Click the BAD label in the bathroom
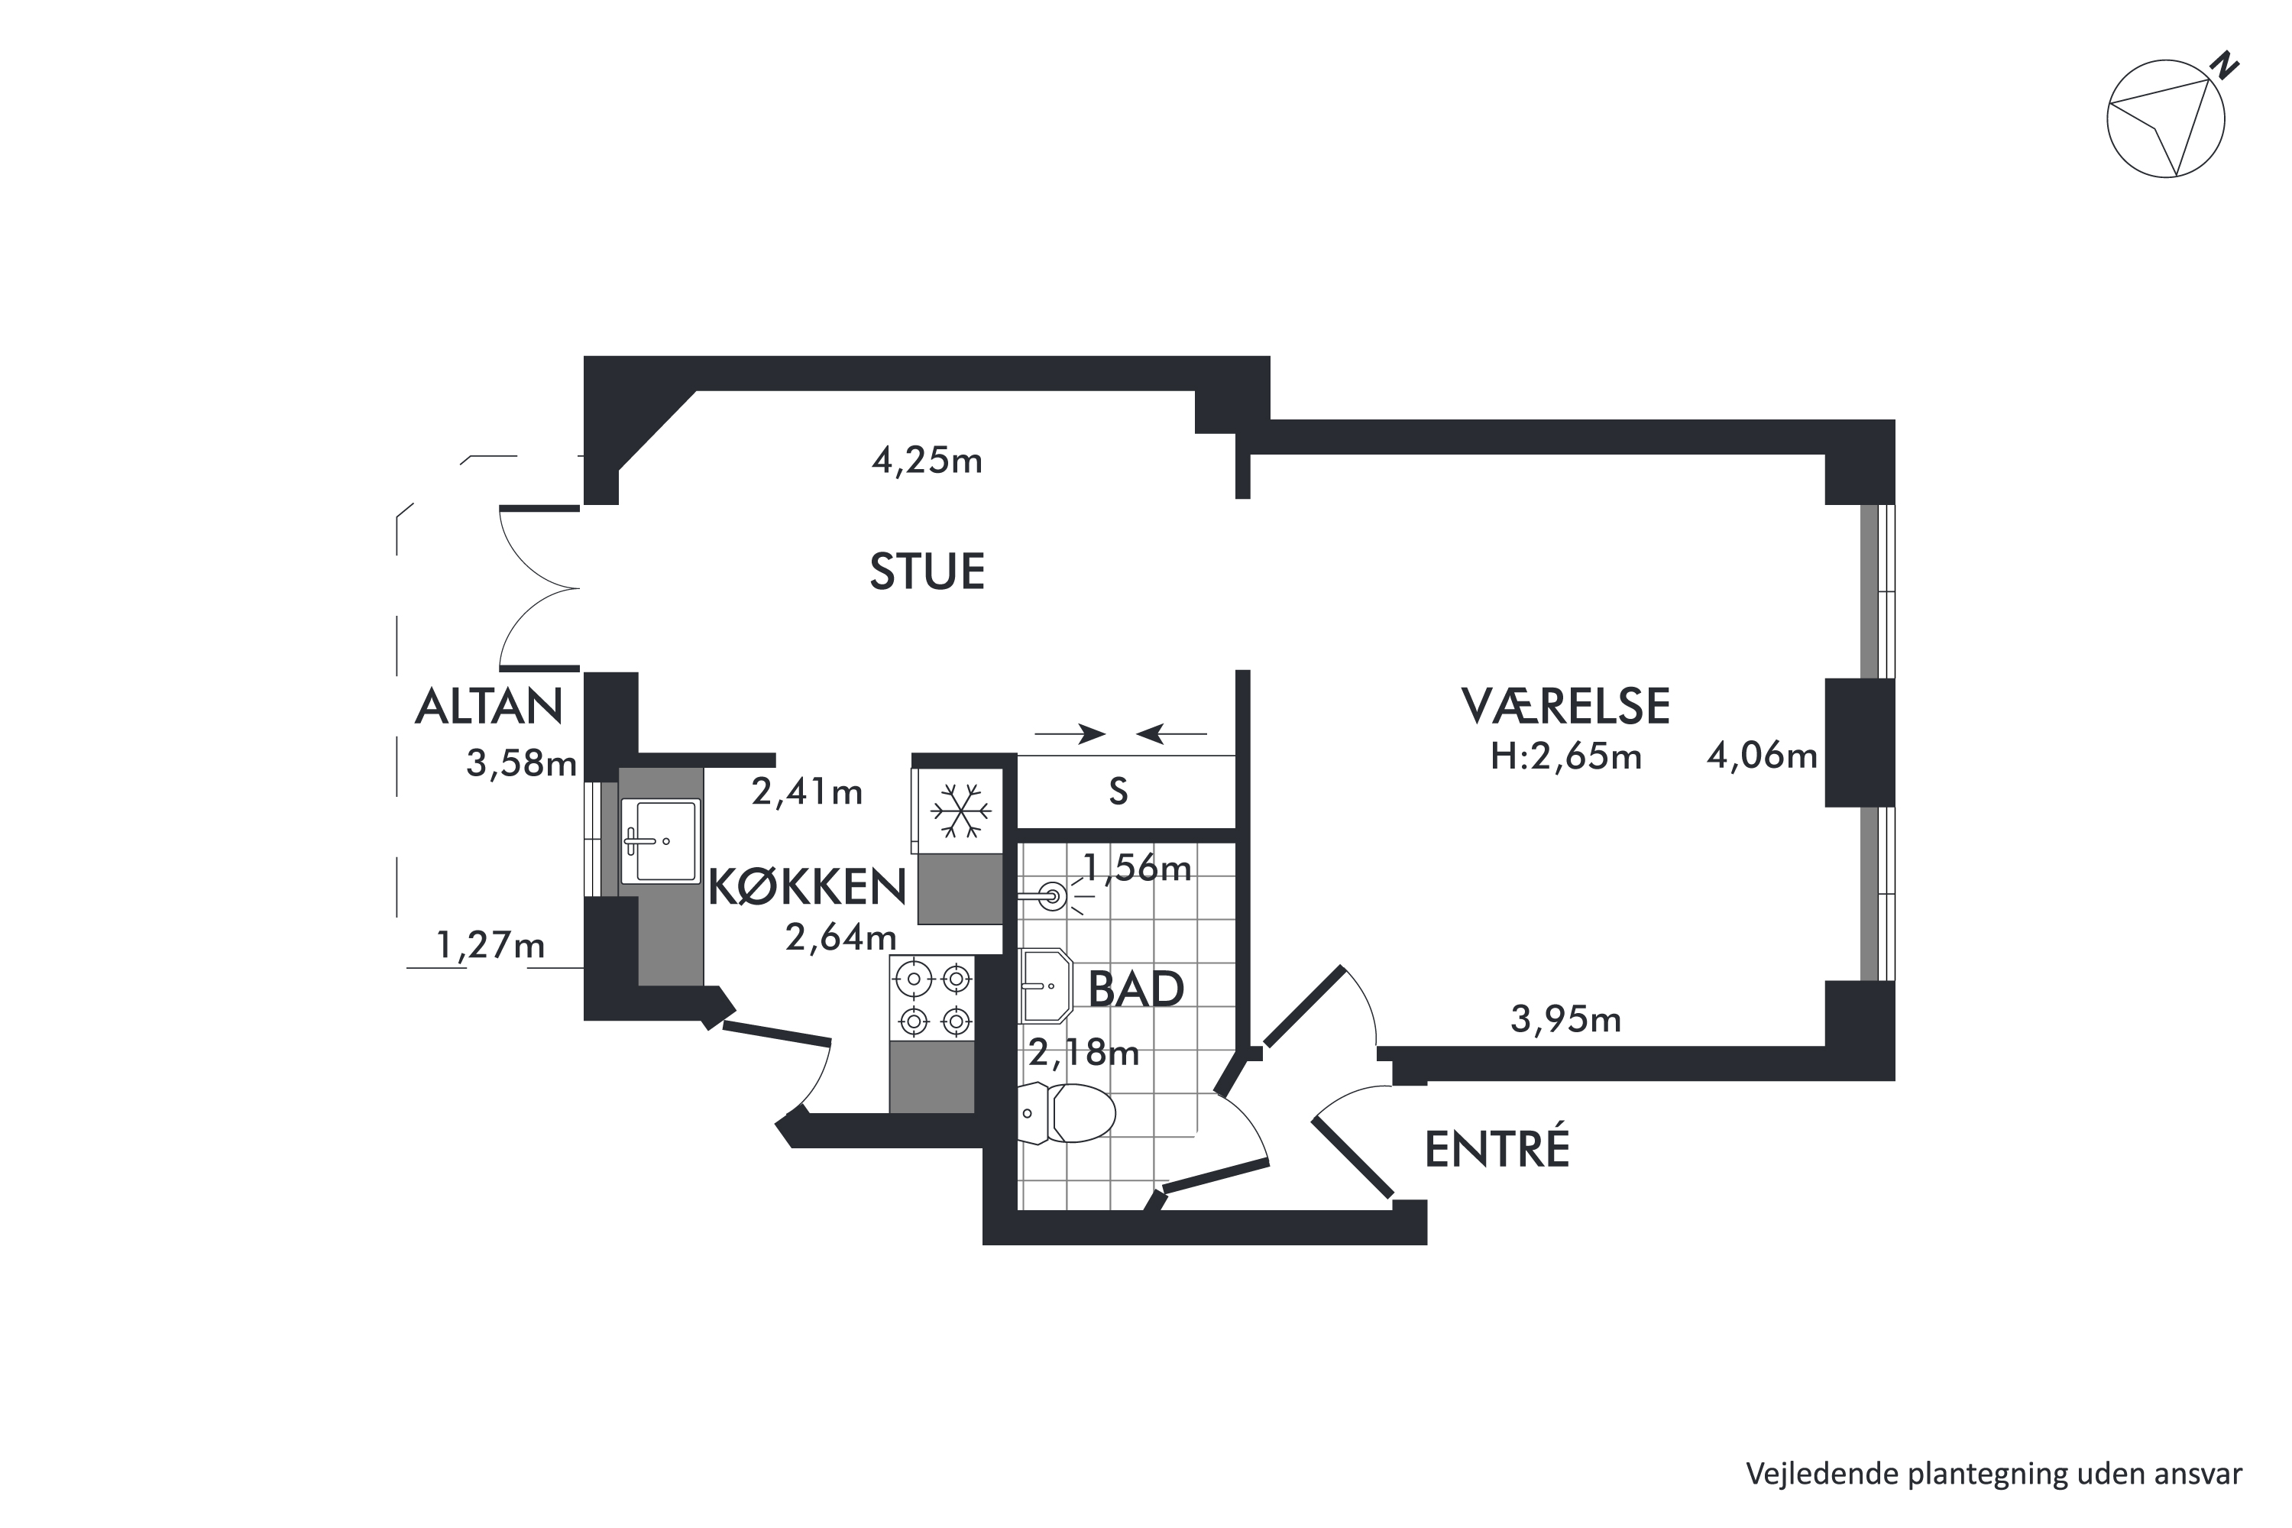click(1135, 989)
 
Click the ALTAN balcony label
click(489, 707)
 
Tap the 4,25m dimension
click(927, 460)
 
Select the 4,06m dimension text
click(1762, 756)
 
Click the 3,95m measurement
click(1565, 1019)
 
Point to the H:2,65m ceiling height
click(1565, 757)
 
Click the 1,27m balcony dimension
click(490, 945)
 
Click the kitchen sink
click(660, 841)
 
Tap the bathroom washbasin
click(1044, 986)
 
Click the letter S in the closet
click(1118, 792)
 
